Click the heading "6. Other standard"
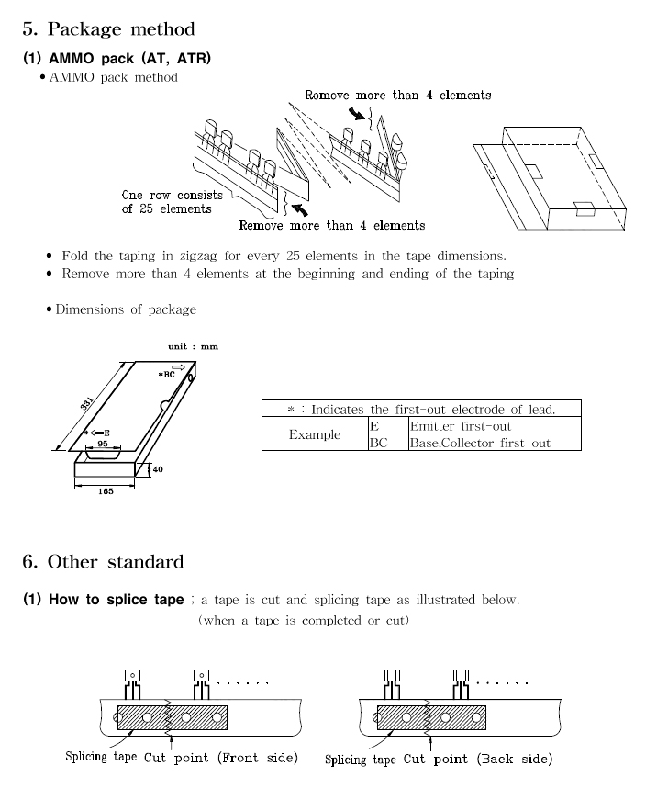tap(103, 561)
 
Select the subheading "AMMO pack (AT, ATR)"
tap(117, 59)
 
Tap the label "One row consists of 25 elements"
tap(173, 202)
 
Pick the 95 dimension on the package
tap(103, 443)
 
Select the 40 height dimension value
tap(157, 469)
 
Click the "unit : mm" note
tap(193, 346)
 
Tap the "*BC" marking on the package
tap(166, 375)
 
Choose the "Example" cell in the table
tap(315, 434)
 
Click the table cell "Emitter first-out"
tap(461, 426)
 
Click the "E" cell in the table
tap(373, 426)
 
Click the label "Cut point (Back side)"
tap(478, 760)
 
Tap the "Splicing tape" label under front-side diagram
tap(101, 758)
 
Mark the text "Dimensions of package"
tap(126, 309)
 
